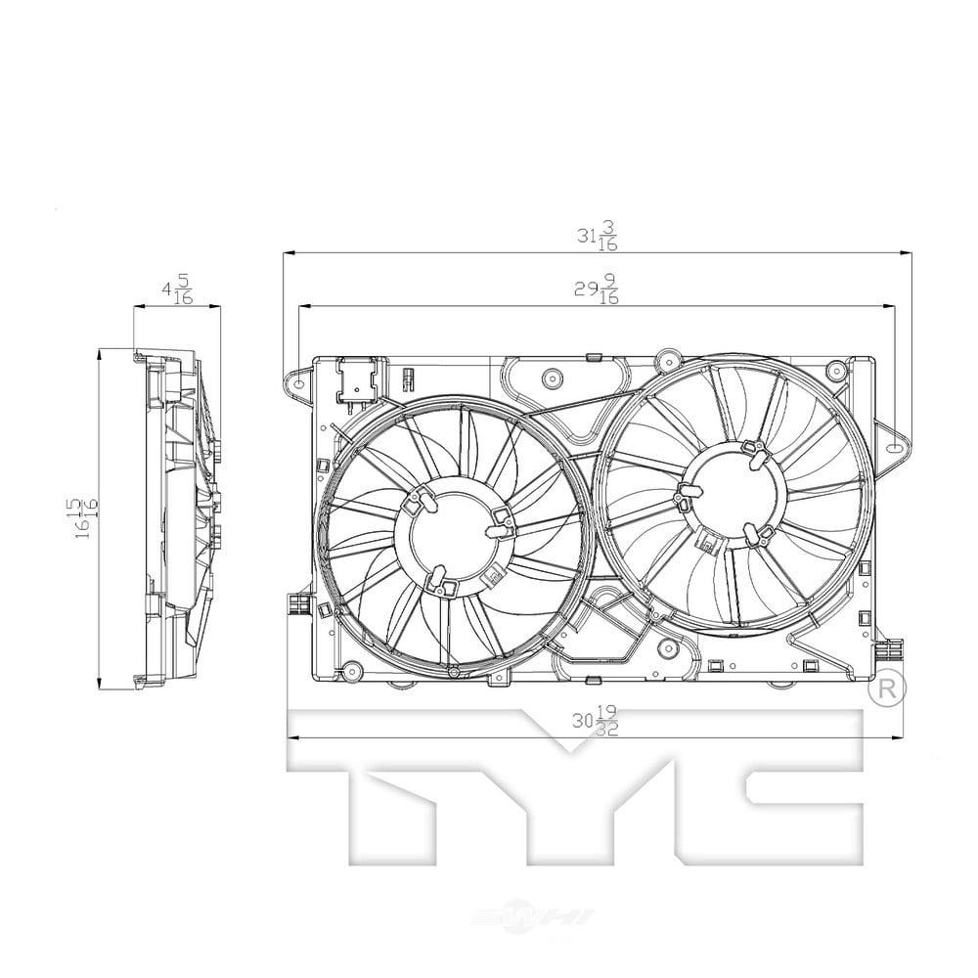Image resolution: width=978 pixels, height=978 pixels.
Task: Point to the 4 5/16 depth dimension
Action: [x=177, y=292]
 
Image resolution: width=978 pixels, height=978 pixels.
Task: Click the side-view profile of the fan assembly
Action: [x=176, y=518]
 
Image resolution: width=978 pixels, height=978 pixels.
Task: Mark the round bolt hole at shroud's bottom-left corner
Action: [x=348, y=671]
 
